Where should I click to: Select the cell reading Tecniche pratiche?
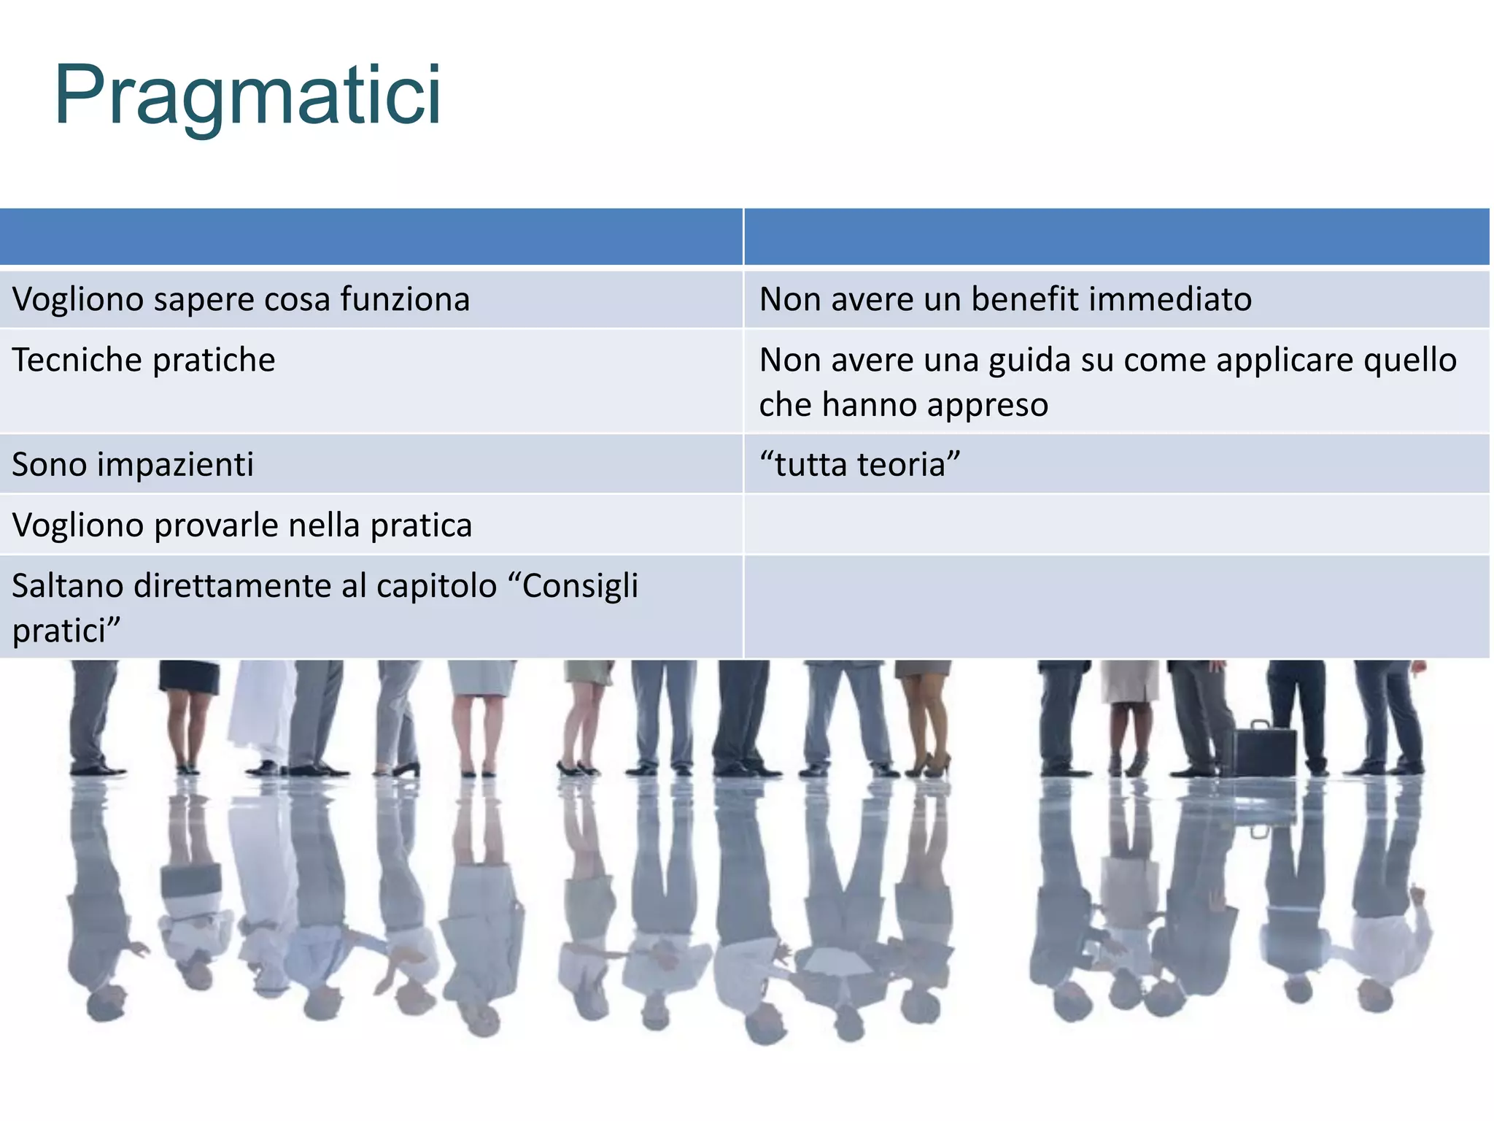tap(144, 360)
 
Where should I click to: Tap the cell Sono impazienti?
tap(133, 464)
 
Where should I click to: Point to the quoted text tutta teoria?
tap(859, 464)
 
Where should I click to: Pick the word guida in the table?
tap(1029, 361)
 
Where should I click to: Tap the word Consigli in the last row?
tap(580, 585)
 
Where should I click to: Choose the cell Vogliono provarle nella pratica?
tap(242, 525)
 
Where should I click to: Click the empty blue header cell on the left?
tap(371, 236)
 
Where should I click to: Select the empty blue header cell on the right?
tap(1116, 236)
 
